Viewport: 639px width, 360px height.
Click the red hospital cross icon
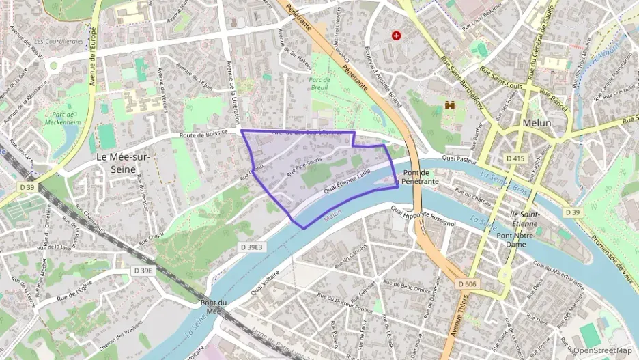(x=396, y=35)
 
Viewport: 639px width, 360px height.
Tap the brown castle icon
(x=450, y=105)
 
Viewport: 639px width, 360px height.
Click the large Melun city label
(x=537, y=122)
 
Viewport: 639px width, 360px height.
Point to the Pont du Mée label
(x=211, y=307)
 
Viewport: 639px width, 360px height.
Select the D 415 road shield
(x=516, y=158)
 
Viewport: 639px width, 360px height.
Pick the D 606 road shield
(x=468, y=283)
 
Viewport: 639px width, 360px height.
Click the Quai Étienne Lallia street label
(x=346, y=184)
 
